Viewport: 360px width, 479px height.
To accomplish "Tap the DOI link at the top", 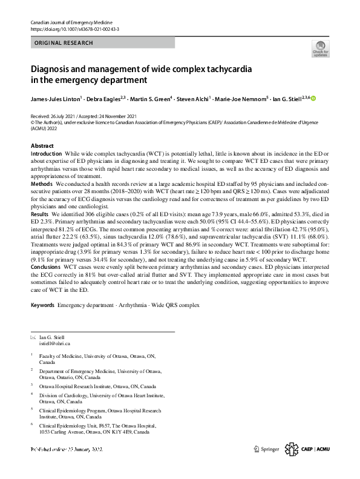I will point(74,29).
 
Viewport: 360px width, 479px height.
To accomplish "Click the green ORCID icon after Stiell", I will point(313,98).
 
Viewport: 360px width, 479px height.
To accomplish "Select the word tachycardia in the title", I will point(226,68).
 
